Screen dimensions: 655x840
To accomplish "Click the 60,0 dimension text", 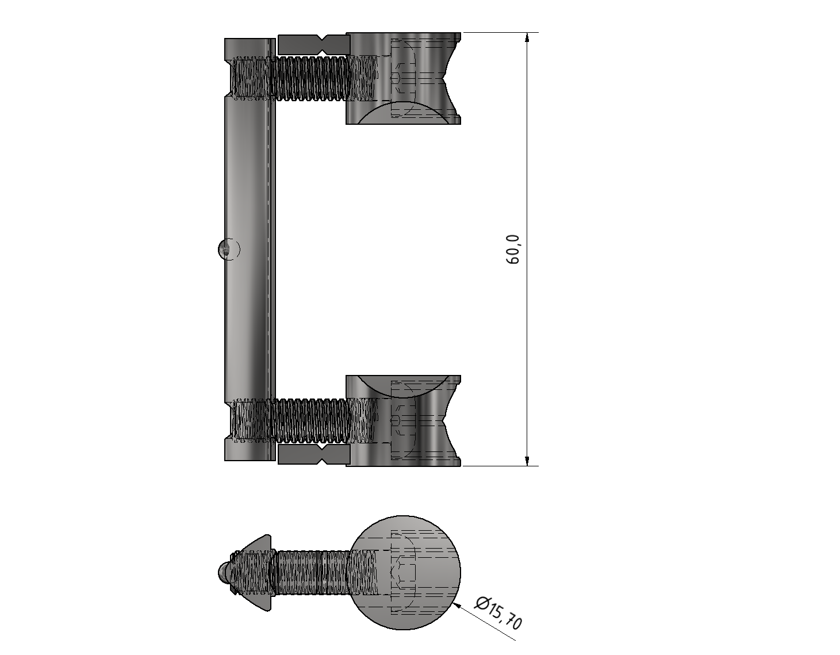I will (512, 250).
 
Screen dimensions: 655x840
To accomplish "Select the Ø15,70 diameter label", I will (498, 613).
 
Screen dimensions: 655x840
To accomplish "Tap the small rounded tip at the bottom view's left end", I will (224, 572).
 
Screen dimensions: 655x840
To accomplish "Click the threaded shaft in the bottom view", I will (310, 572).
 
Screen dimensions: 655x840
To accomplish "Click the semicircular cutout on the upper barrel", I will (403, 114).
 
